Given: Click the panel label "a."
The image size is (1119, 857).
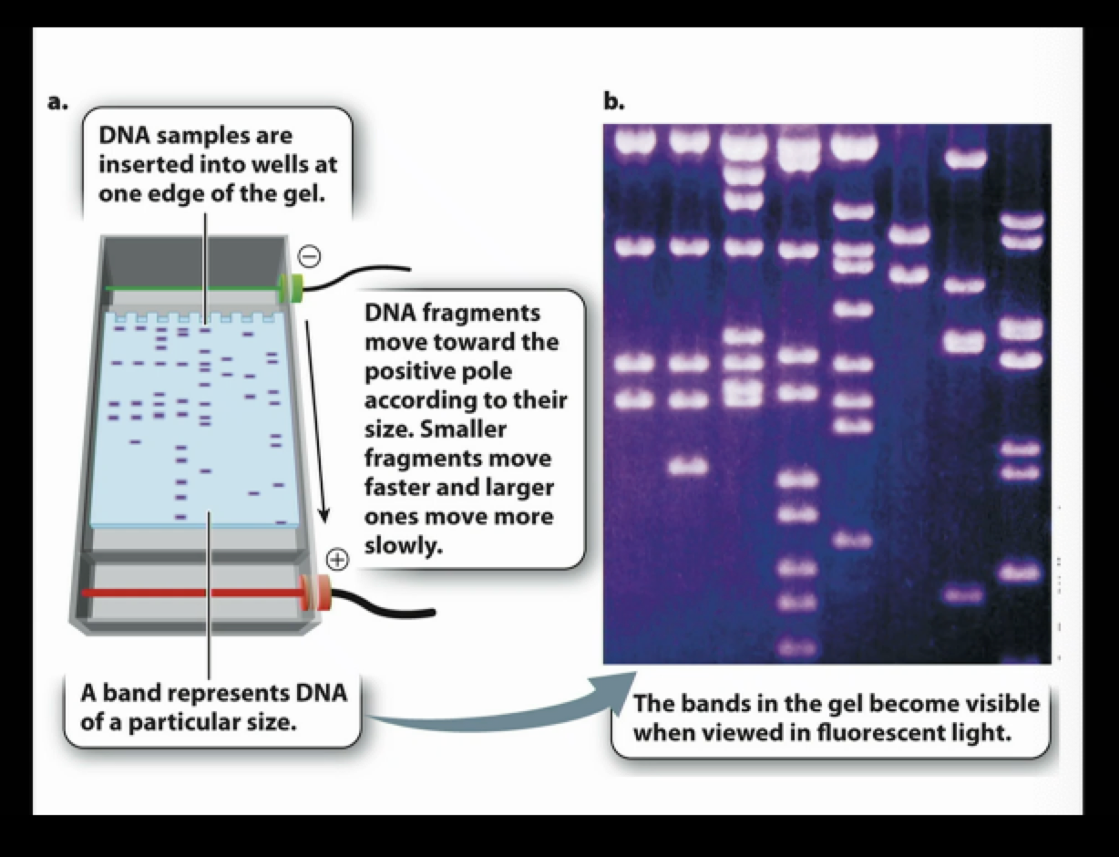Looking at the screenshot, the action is pyautogui.click(x=57, y=102).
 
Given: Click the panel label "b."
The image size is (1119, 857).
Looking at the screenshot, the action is pyautogui.click(x=614, y=102).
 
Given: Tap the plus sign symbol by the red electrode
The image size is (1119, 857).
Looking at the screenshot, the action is pyautogui.click(x=336, y=559).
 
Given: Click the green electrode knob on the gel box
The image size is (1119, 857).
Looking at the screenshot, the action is pyautogui.click(x=291, y=288).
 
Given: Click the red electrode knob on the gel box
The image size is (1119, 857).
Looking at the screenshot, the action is pyautogui.click(x=320, y=593).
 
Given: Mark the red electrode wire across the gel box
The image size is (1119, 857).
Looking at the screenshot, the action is pyautogui.click(x=191, y=593).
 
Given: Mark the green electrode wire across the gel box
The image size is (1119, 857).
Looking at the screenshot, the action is pyautogui.click(x=191, y=288).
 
